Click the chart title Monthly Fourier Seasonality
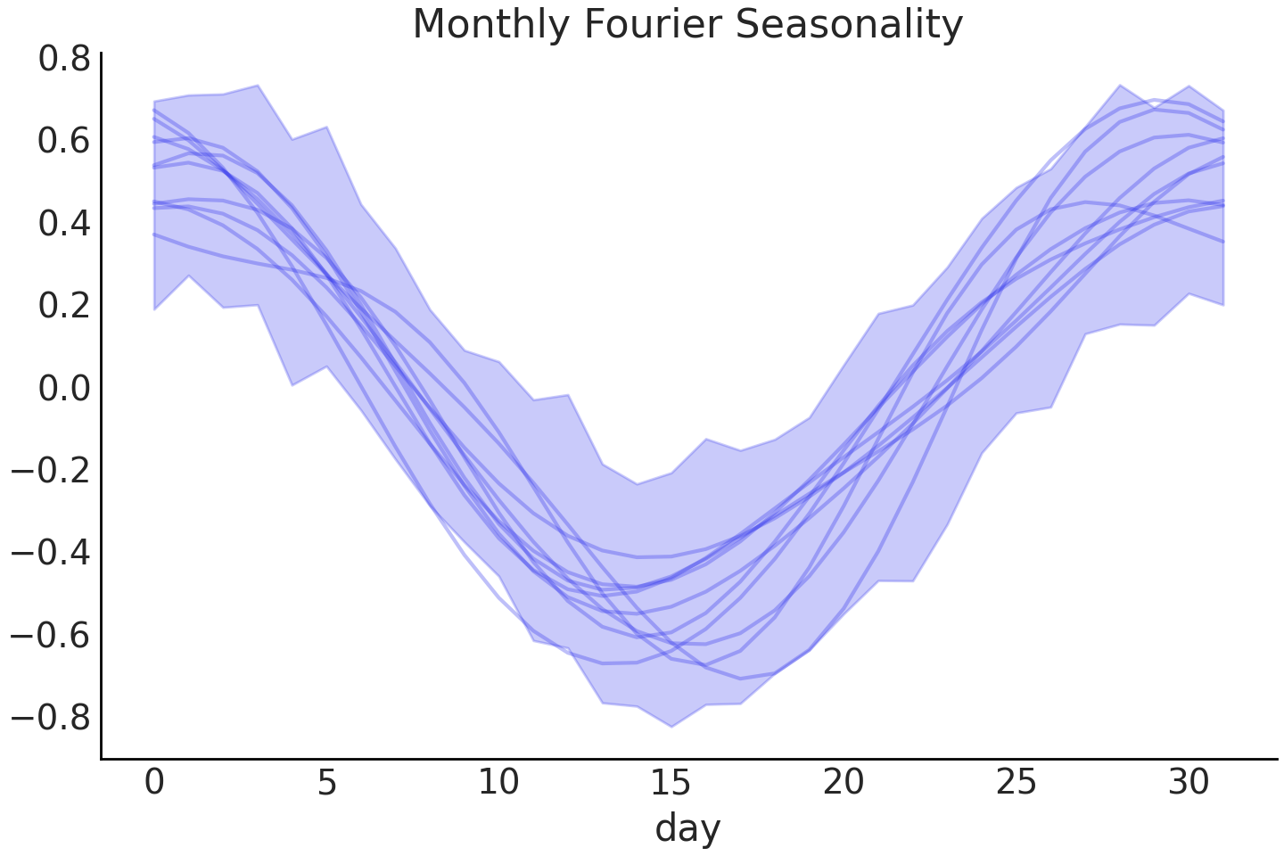687,24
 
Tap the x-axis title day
687,827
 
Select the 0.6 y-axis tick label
64,141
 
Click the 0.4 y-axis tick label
64,223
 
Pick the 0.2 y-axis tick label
64,306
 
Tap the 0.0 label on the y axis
64,388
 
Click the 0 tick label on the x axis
154,782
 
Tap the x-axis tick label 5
327,782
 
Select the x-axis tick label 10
499,782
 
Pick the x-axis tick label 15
671,782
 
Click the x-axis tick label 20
844,782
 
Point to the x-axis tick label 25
1017,782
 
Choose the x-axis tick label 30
1189,782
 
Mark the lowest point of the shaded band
671,727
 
